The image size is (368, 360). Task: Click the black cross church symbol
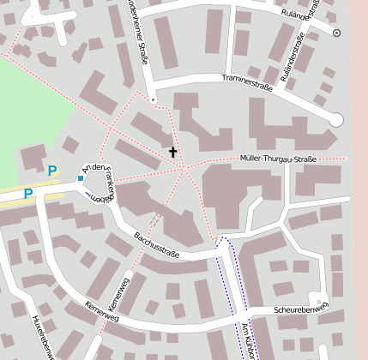[x=172, y=153]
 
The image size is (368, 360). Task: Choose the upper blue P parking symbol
[x=52, y=171]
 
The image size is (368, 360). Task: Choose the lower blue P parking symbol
[x=28, y=194]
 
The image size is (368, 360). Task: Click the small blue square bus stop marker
[x=81, y=178]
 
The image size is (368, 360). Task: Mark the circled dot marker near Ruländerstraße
[x=336, y=33]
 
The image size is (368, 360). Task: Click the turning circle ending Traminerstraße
[x=336, y=120]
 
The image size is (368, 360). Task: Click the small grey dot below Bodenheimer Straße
[x=153, y=100]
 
